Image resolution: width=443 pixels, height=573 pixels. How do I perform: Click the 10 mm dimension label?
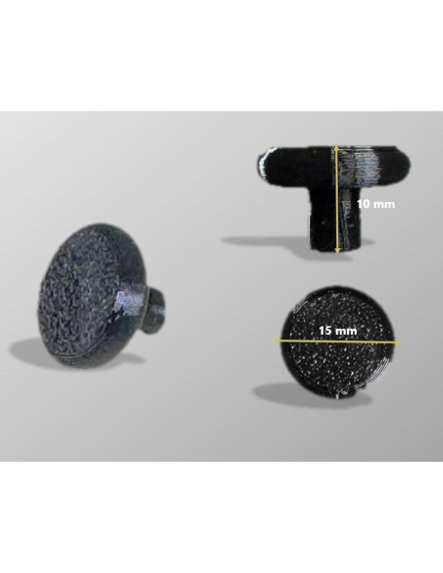375,204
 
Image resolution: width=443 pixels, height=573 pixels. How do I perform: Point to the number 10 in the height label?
363,204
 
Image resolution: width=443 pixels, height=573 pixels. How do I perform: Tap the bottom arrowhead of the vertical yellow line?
336,252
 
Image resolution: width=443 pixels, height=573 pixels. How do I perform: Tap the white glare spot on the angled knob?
128,299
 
